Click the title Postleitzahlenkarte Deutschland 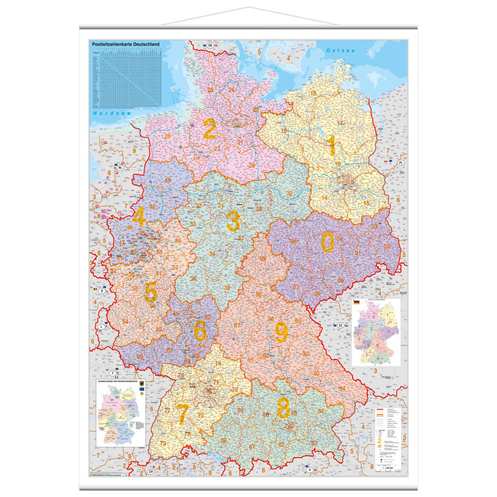pos(126,44)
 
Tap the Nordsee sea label pos(106,113)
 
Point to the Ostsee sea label pos(341,51)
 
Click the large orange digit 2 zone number pos(210,130)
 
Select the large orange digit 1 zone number pos(332,145)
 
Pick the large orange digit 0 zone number pos(327,242)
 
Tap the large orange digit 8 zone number pos(283,408)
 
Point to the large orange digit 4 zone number pos(139,217)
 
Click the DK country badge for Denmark pos(210,45)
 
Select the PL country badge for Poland pos(401,162)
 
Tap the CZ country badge pos(341,325)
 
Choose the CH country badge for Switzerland pos(151,472)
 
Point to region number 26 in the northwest pos(167,136)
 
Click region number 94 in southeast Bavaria pos(343,388)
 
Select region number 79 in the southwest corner pos(163,443)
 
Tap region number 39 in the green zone pos(289,193)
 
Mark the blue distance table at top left pos(127,77)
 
